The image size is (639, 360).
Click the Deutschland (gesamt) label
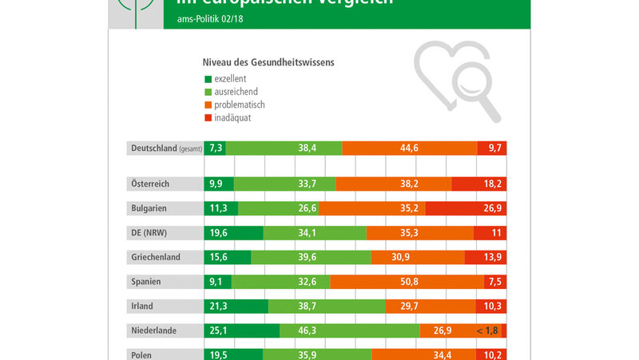click(165, 148)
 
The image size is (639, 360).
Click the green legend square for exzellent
click(208, 79)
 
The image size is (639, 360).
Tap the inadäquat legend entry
click(232, 117)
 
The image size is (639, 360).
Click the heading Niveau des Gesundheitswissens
click(267, 61)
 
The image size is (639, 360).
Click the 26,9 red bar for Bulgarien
click(466, 208)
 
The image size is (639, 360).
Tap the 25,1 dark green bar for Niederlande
click(242, 330)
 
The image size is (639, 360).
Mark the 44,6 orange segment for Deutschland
click(410, 148)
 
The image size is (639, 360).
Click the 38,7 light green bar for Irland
click(327, 306)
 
